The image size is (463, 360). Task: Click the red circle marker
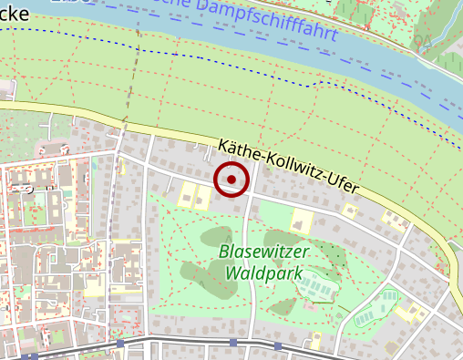click(231, 180)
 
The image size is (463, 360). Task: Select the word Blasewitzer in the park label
click(264, 252)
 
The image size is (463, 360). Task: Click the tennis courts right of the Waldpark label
click(317, 286)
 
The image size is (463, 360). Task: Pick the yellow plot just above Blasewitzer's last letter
click(300, 221)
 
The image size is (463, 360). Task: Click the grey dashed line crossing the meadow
click(133, 73)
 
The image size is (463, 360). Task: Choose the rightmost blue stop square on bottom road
click(277, 346)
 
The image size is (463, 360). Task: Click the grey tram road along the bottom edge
click(182, 344)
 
